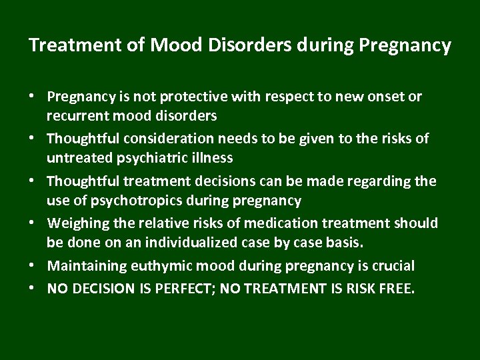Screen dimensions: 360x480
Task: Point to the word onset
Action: (x=386, y=97)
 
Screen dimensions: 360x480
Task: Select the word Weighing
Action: (x=79, y=223)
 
